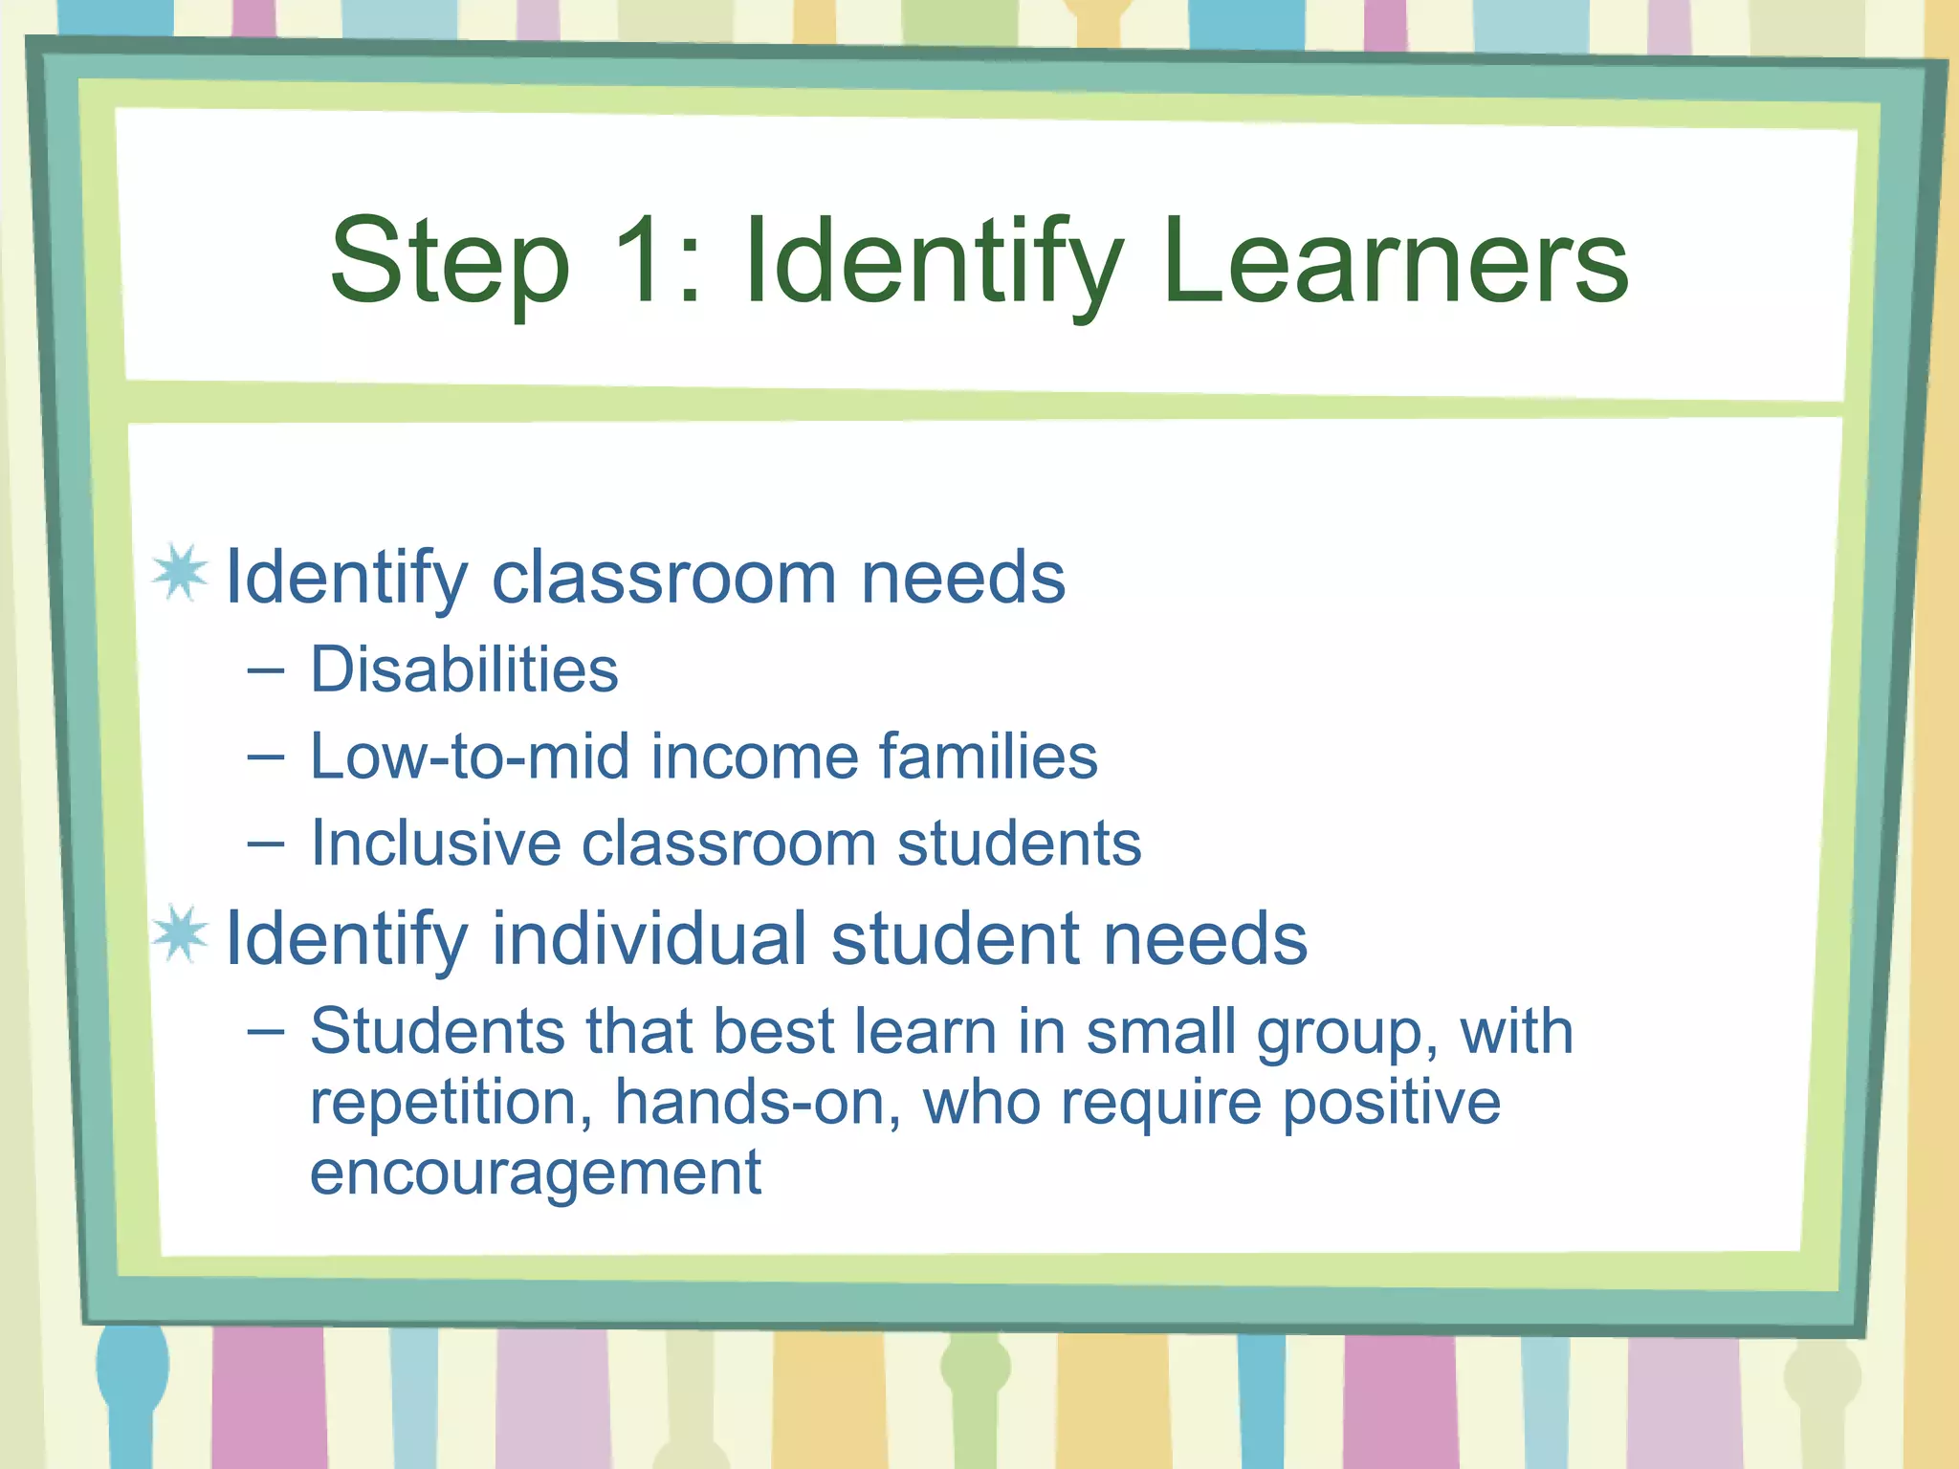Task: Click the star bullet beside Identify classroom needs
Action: coord(180,573)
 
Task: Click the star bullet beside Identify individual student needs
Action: coord(180,933)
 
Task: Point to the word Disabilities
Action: coord(464,669)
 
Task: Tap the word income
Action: coord(755,756)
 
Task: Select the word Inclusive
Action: coord(435,844)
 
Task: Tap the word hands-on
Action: coord(757,1102)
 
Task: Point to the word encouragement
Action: coord(536,1173)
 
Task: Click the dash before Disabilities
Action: coord(265,670)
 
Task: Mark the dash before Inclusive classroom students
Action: coord(265,844)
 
